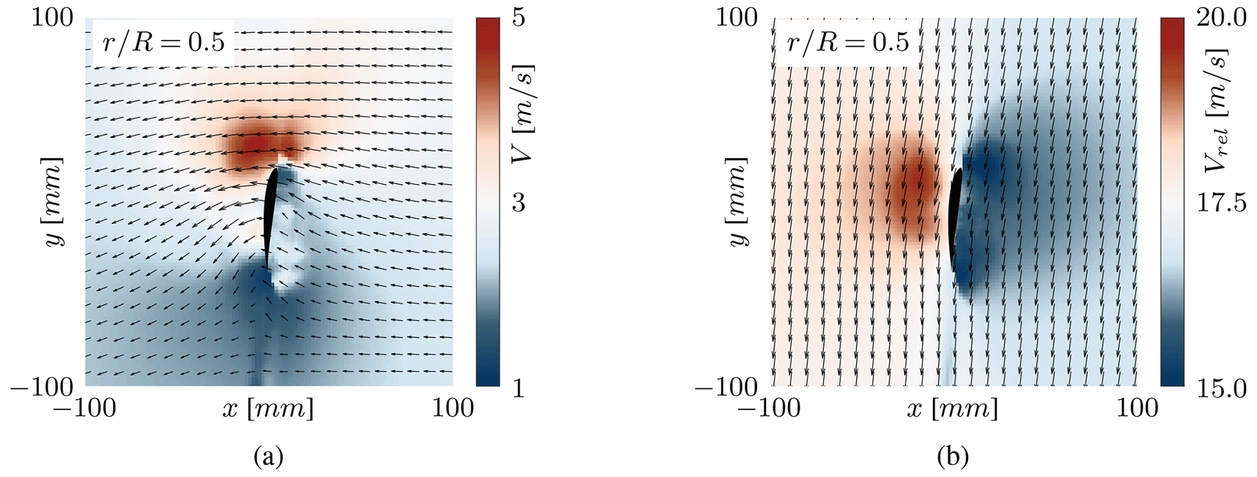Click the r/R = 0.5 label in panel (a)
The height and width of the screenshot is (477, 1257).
click(163, 43)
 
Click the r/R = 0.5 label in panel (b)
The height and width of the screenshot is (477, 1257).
click(847, 43)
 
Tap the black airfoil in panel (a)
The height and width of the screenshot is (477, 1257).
click(270, 216)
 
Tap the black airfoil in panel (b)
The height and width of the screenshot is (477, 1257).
click(955, 219)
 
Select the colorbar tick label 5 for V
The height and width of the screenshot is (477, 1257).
click(518, 18)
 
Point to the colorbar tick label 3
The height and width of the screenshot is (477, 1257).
click(518, 203)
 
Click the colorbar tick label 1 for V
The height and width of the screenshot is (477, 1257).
click(518, 388)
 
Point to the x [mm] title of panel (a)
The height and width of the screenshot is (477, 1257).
click(268, 409)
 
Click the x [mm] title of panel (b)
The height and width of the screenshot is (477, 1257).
click(952, 409)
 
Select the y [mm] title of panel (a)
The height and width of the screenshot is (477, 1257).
click(54, 202)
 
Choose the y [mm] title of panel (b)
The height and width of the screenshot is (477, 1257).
click(738, 202)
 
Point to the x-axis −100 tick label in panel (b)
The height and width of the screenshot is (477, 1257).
click(769, 409)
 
